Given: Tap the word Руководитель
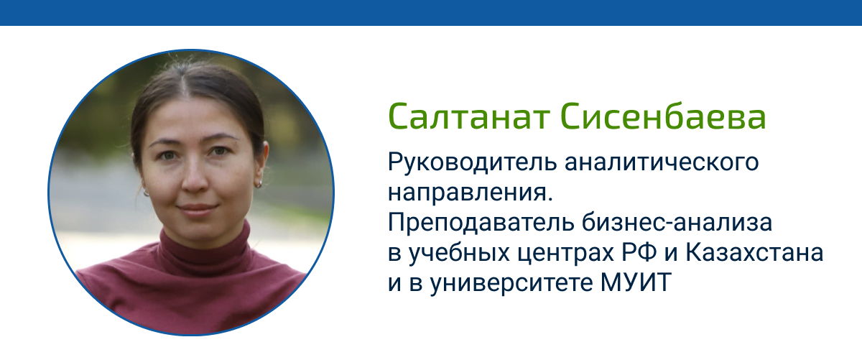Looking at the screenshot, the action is [472, 162].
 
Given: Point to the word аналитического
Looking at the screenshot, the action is [662, 162].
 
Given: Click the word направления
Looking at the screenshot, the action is [470, 193].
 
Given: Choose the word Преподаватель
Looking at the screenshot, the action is [481, 223].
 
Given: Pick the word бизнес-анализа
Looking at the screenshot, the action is [677, 223].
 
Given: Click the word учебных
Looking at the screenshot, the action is [458, 254].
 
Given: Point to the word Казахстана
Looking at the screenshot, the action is [755, 253].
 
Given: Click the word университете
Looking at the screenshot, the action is [511, 284].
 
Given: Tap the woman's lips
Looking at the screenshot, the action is [197, 209].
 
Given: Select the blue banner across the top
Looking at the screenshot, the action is [431, 13].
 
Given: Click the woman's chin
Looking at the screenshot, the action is [198, 230].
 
